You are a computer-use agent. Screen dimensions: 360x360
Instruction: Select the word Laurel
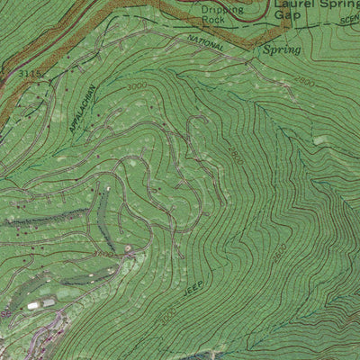(x=292, y=4)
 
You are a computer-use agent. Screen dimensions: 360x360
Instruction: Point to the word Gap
(x=288, y=14)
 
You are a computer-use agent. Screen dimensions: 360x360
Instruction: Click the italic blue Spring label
(x=281, y=50)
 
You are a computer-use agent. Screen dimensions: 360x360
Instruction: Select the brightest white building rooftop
(x=34, y=306)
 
